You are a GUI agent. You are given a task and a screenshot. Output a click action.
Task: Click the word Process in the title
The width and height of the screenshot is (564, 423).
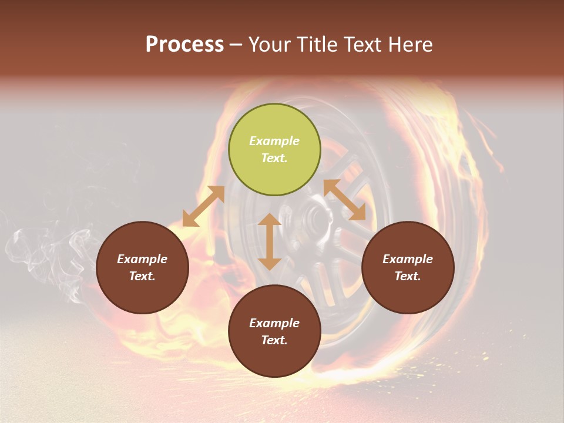pyautogui.click(x=184, y=45)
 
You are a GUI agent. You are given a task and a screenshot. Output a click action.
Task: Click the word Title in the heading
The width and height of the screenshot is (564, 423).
pyautogui.click(x=317, y=45)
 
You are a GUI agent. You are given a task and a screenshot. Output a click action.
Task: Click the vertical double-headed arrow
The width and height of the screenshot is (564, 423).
pyautogui.click(x=270, y=241)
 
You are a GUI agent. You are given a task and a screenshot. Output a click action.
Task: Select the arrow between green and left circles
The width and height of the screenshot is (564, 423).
pyautogui.click(x=203, y=206)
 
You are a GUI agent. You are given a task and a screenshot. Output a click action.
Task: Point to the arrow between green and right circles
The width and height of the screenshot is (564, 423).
pyautogui.click(x=345, y=200)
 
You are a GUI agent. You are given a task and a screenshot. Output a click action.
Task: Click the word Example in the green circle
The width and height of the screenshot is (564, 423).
pyautogui.click(x=274, y=141)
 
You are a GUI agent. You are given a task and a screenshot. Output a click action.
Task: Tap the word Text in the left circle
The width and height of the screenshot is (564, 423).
pyautogui.click(x=142, y=276)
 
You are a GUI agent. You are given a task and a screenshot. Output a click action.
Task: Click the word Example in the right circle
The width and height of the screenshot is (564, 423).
pyautogui.click(x=408, y=259)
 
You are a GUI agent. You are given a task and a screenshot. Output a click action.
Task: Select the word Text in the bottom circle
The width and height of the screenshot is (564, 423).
pyautogui.click(x=274, y=340)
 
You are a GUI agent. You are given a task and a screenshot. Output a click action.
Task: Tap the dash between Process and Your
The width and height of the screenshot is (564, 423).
pyautogui.click(x=236, y=45)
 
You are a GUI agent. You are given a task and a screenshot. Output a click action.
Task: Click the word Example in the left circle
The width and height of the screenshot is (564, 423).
pyautogui.click(x=142, y=259)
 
